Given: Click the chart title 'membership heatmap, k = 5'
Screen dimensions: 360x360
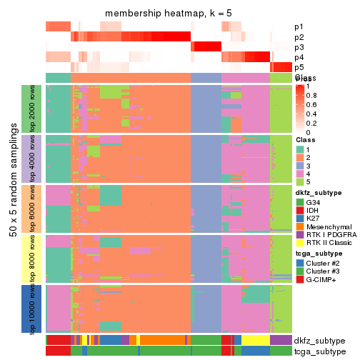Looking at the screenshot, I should click(169, 14).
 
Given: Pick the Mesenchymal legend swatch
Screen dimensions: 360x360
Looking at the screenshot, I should click(300, 231).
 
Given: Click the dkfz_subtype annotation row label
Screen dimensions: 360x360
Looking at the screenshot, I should click(319, 340).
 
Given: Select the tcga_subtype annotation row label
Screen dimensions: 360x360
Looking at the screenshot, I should click(319, 351).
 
